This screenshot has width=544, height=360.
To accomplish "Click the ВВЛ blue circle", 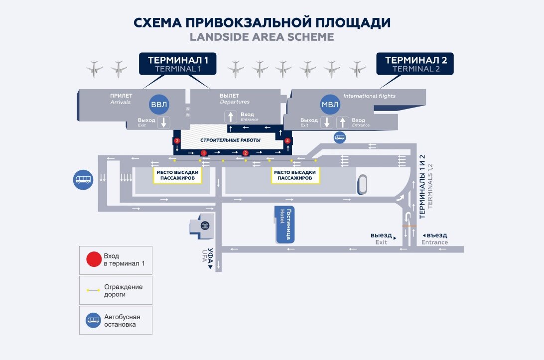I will [x=160, y=105].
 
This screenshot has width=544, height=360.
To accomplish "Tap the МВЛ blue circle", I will [x=330, y=105].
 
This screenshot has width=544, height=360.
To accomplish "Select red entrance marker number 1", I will [x=203, y=153].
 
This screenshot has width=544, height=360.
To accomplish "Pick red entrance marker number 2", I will [x=245, y=153].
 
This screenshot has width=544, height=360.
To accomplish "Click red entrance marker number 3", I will [x=177, y=141].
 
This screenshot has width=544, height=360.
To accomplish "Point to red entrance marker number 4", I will [x=287, y=141].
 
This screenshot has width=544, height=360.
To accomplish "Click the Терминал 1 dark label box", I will [x=178, y=64].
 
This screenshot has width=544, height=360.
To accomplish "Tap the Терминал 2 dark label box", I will [x=416, y=64].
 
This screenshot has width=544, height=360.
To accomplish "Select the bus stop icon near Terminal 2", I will [x=340, y=138].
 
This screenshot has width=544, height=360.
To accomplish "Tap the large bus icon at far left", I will [x=83, y=179].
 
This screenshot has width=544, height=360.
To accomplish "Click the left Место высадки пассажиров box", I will [x=178, y=175].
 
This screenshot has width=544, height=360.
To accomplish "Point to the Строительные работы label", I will [x=230, y=140].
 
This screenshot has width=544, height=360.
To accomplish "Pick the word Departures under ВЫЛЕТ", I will [x=235, y=102].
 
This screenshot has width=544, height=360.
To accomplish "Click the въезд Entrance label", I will [x=434, y=239].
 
